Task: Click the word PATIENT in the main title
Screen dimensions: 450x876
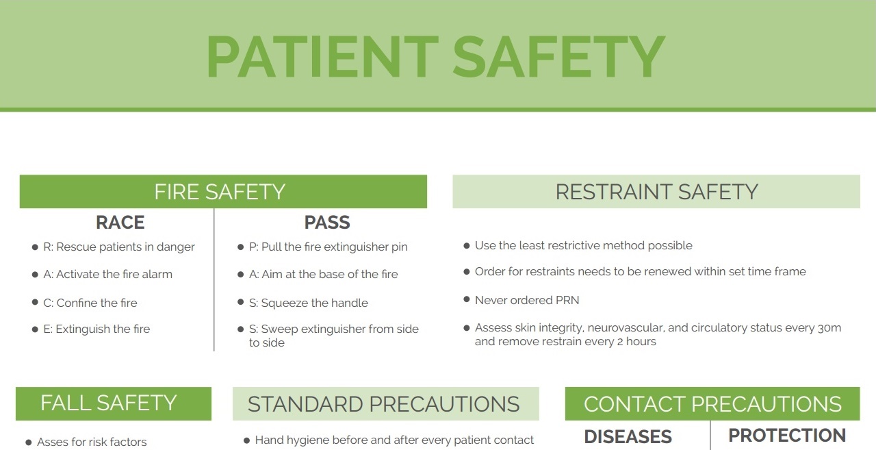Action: point(322,56)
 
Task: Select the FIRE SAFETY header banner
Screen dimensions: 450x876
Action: point(223,192)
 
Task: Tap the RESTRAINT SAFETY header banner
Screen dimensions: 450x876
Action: point(656,192)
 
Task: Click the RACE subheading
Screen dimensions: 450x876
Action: point(120,223)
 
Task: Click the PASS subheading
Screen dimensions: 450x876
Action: point(327,223)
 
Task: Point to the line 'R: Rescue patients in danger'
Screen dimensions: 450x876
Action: point(118,247)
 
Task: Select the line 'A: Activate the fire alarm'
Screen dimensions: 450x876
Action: point(107,274)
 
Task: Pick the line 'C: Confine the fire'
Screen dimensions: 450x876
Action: point(90,303)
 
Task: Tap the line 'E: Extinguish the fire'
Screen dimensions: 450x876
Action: point(96,329)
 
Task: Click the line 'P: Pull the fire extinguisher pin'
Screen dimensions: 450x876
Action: point(328,247)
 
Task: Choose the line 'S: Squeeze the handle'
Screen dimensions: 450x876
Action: point(309,303)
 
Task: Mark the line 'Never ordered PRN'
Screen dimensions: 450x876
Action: point(527,300)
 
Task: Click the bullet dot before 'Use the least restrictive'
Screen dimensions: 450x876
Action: point(467,245)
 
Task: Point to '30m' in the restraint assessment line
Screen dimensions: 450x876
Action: point(829,327)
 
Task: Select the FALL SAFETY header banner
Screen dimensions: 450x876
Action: point(114,403)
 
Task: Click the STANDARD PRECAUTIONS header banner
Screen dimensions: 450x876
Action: point(385,404)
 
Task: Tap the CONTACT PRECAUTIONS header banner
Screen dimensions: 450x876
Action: point(712,404)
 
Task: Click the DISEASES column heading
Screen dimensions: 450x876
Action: point(628,436)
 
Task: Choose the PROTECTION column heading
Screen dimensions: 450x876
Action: point(787,436)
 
